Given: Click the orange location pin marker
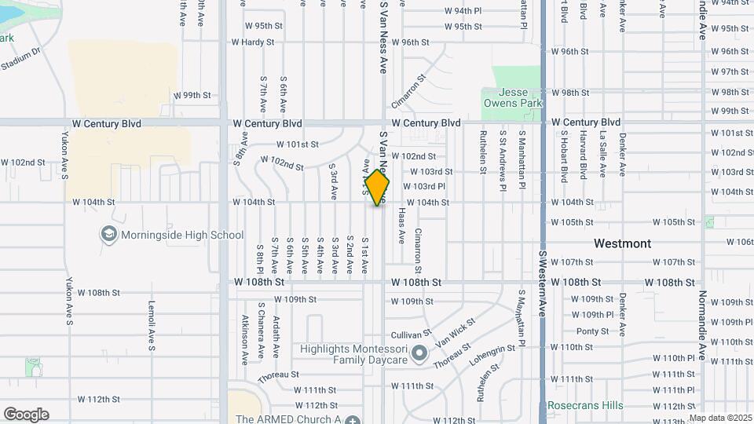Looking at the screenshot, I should point(378,188).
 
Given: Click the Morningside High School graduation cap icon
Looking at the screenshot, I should point(108,234).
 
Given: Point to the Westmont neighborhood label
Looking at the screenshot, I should point(622,243).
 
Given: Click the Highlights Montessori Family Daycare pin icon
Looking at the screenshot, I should point(419,353).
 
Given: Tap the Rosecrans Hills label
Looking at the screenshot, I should point(585,406).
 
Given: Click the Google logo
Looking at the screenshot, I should point(26,415).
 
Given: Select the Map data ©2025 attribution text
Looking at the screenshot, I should point(720,419).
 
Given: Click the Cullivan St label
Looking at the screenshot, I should point(412,334).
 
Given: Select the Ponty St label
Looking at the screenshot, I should point(593,331).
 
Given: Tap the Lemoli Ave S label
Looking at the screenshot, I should point(152,327).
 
